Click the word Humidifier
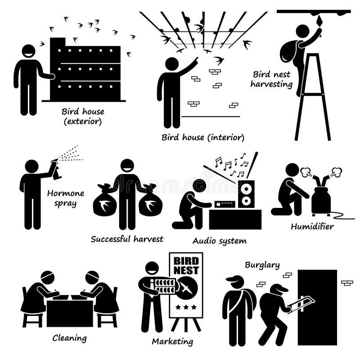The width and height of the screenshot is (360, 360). pos(312,227)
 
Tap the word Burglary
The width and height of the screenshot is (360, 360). pos(262,265)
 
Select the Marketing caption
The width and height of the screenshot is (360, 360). pos(172,342)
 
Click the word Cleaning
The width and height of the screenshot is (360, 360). pos(70,338)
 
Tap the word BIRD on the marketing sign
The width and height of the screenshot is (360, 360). pos(186,261)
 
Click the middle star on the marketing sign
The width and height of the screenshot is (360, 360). pos(186,307)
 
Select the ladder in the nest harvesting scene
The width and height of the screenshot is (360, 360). pos(313,97)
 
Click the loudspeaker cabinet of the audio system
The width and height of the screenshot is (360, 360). pos(246,194)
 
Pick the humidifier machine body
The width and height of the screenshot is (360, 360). pos(321,200)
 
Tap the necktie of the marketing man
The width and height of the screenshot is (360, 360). pos(151,288)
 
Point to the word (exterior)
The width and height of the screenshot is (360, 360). pos(83,121)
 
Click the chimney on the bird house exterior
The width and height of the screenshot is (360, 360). pos(58,43)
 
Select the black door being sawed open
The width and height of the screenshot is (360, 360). pos(317,307)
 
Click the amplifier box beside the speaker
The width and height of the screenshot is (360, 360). pos(225,204)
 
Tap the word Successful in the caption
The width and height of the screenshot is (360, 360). pos(110,239)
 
